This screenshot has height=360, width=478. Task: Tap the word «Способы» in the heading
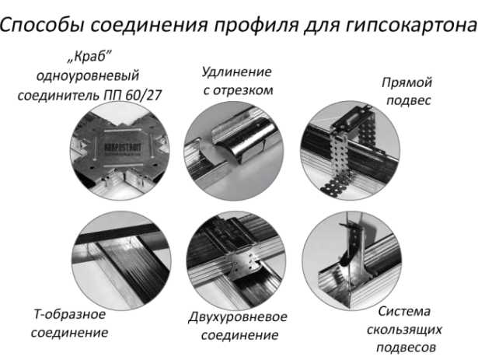pos(43,24)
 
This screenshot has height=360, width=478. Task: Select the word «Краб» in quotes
pos(89,57)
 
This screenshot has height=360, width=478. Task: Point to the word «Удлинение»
pos(236,72)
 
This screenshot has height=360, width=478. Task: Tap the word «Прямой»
pos(407,83)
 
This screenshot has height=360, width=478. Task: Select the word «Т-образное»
pos(70,314)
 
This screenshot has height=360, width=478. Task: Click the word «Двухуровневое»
pos(238,317)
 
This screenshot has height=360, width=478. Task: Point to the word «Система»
pos(404,312)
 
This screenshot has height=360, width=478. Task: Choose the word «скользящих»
pos(404,330)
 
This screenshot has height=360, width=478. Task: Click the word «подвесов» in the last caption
pos(406,348)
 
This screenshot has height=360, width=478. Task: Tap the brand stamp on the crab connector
pos(123,149)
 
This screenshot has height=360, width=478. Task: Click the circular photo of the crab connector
pos(120,151)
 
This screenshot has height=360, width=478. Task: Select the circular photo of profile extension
pos(234,151)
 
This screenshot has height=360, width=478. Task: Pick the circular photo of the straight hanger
pos(351,151)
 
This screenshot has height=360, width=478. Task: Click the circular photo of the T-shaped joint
pos(121,260)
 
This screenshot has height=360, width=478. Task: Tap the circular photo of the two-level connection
pos(236,261)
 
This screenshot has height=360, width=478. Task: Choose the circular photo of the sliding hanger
pos(352,260)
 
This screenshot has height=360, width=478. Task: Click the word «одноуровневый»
pos(88,76)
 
